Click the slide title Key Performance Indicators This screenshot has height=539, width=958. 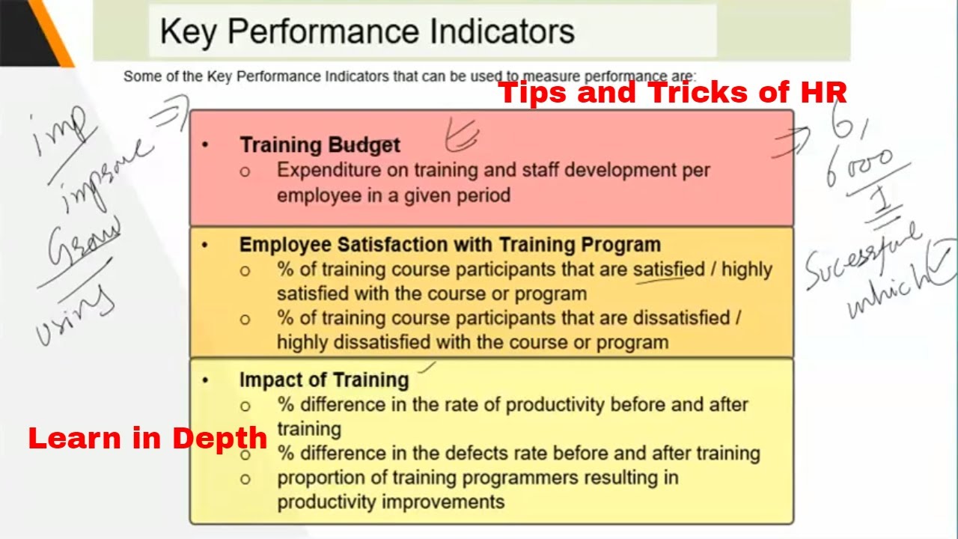(x=367, y=31)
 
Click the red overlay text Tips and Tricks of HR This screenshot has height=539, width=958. (x=672, y=92)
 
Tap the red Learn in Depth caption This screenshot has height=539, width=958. (x=147, y=438)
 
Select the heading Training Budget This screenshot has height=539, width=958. (x=320, y=144)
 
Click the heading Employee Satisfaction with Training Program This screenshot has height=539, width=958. (x=450, y=245)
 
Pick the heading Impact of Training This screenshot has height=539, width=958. (x=323, y=380)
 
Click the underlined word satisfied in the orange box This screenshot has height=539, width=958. (x=669, y=269)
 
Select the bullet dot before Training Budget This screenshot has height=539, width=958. (x=206, y=144)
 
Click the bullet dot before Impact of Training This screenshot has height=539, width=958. (x=206, y=380)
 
